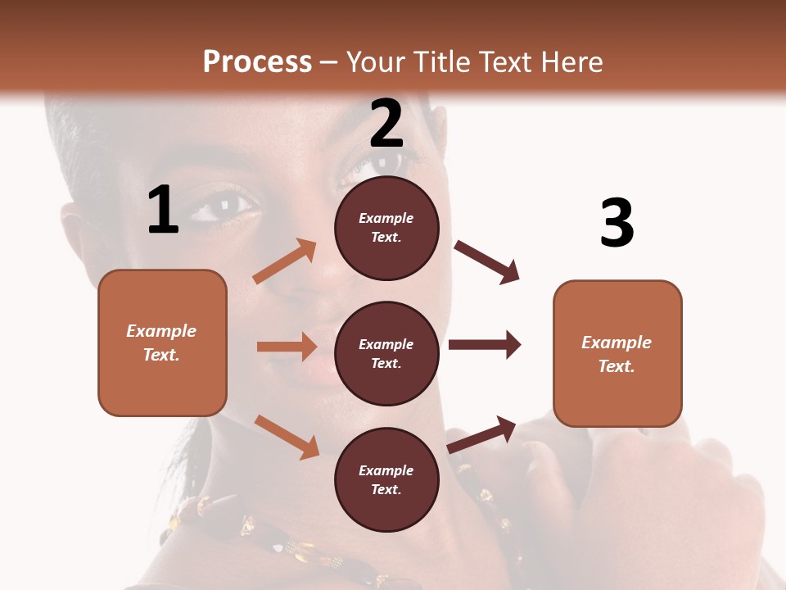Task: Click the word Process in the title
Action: [257, 61]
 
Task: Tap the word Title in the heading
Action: [443, 61]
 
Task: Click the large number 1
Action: [163, 211]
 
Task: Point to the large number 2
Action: [386, 123]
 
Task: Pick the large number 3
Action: [617, 223]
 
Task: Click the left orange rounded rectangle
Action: [162, 343]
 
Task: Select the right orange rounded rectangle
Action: [617, 354]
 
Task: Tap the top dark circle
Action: [386, 228]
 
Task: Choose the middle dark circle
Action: [386, 353]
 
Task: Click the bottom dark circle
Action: [386, 479]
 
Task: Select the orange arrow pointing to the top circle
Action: [285, 261]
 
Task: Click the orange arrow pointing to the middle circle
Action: [286, 347]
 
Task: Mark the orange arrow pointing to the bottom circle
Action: [287, 436]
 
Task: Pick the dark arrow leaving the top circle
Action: [486, 261]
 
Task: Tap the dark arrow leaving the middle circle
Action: [484, 344]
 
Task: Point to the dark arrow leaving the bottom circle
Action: [481, 434]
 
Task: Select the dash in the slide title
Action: [328, 62]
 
